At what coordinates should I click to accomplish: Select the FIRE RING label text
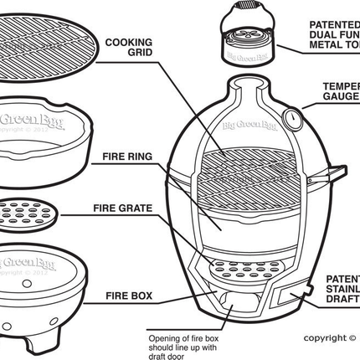[126, 156]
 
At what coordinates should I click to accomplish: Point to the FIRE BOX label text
[128, 296]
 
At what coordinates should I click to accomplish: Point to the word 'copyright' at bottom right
[322, 338]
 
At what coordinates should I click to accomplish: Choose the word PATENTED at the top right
[334, 24]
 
